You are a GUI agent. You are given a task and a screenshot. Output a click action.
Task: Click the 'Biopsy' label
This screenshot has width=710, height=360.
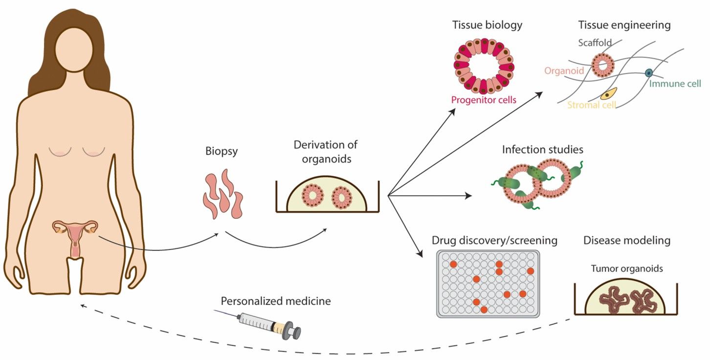222,151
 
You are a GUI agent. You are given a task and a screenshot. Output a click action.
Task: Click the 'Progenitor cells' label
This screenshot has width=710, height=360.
484,100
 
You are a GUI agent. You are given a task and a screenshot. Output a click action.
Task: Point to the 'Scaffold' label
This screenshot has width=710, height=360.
595,43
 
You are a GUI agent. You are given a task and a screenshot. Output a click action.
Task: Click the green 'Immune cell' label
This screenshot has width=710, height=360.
675,84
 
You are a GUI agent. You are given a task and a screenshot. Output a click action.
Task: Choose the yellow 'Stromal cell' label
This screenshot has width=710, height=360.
592,105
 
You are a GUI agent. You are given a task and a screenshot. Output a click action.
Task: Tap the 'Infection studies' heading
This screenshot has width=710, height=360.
542,149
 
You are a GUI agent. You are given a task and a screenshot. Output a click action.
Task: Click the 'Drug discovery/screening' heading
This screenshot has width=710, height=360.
494,241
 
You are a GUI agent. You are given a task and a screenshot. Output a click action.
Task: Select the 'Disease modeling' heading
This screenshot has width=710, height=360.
626,241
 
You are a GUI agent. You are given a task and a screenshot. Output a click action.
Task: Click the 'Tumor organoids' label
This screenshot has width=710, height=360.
620,269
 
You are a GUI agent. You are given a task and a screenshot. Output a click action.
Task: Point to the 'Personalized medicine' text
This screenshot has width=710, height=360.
276,301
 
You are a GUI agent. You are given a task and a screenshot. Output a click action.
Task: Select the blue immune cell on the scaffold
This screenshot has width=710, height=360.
648,73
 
